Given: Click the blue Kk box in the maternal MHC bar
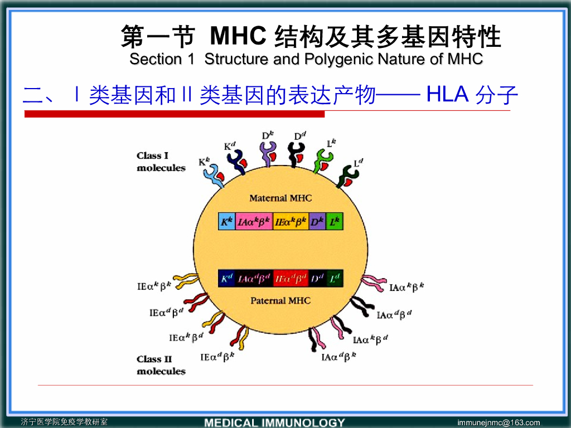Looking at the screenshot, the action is point(227,221).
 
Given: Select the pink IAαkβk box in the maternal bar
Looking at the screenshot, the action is point(255,221).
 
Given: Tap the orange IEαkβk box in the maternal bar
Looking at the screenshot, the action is point(291,221).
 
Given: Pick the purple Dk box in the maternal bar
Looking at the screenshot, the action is point(317,221).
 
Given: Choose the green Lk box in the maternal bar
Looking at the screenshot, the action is point(335,221).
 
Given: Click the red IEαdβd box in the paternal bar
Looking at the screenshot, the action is point(291,278).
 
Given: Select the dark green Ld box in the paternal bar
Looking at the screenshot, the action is point(335,278).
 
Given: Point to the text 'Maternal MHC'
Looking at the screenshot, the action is point(280,198).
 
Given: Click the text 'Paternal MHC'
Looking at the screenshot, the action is point(280,301).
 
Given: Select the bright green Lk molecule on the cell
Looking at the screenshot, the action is point(324,161).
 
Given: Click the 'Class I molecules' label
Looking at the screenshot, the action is point(161,162).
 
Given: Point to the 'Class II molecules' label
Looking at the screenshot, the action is point(161,365).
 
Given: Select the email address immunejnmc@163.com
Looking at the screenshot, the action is point(499,422).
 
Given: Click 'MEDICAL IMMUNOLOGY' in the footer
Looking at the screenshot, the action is point(274,422).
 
